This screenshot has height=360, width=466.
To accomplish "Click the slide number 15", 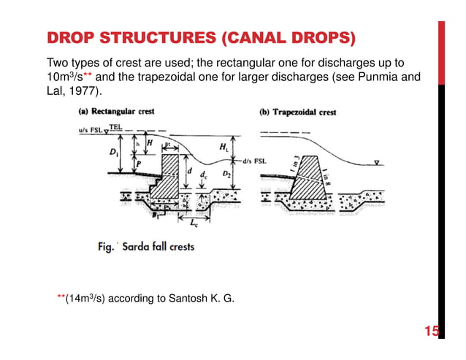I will point(432,333).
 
